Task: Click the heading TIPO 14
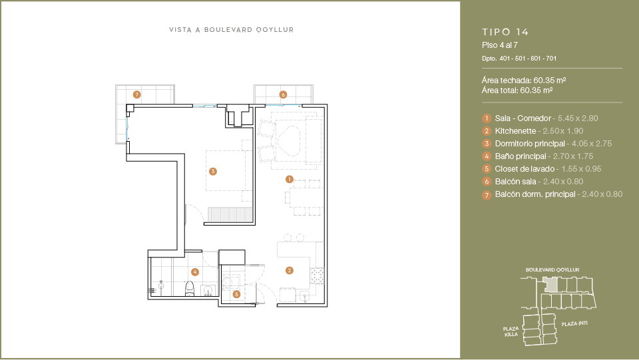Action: (505, 32)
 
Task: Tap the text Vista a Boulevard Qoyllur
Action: (232, 30)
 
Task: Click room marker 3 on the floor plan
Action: (213, 172)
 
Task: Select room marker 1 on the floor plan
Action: (290, 179)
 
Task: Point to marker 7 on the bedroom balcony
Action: (137, 95)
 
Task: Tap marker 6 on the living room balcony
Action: (284, 95)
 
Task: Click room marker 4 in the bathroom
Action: (195, 271)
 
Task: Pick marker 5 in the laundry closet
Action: (236, 294)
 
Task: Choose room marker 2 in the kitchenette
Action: (290, 270)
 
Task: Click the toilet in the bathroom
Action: (190, 289)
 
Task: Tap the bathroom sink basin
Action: (208, 290)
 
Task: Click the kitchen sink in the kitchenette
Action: (304, 295)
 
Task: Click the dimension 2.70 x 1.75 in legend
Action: (573, 156)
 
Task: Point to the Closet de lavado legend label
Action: (525, 169)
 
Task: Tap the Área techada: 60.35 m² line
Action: (524, 81)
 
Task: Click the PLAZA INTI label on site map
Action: (574, 324)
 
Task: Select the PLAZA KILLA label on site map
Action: (511, 331)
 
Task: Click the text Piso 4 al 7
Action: (500, 45)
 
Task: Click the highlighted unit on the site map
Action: (550, 285)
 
